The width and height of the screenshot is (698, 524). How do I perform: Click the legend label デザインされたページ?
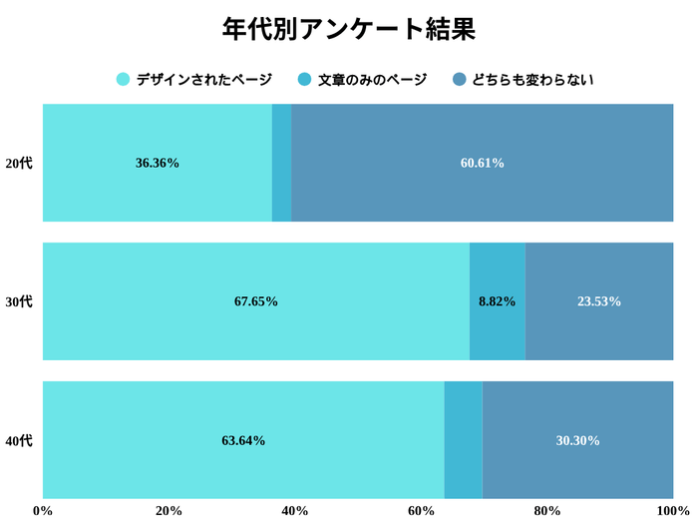point(203,80)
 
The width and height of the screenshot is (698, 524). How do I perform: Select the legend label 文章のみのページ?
point(372,80)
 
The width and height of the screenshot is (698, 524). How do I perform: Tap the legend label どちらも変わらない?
point(533,80)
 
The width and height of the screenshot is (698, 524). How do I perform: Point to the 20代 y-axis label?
point(19,163)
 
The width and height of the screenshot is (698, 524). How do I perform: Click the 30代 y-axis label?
point(19,301)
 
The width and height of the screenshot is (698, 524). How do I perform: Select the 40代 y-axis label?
point(19,440)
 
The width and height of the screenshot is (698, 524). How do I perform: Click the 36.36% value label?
point(158,163)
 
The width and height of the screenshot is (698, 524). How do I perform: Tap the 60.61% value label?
point(482,163)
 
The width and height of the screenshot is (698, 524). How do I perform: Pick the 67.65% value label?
point(256,301)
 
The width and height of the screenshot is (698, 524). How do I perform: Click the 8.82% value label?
point(497,301)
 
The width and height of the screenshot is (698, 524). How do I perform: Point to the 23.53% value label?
point(599,301)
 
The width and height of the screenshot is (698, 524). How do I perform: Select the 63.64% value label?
point(243,440)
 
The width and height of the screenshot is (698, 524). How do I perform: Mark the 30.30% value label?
point(577,440)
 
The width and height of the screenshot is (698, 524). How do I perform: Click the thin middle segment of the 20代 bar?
point(281,163)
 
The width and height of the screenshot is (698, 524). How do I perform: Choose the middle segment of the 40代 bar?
point(463,440)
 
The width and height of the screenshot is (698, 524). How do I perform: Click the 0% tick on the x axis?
point(43,511)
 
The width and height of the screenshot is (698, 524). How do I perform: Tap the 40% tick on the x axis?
point(294,511)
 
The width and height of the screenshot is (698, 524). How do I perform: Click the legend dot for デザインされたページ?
point(124,80)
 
